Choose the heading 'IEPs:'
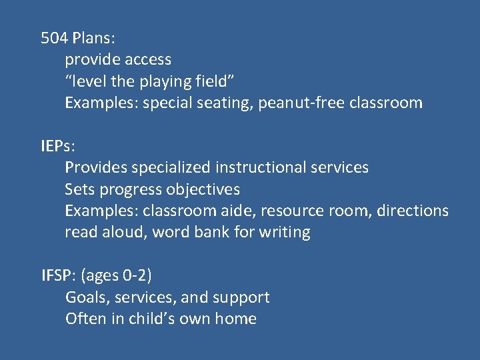tap(58, 146)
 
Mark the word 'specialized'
tap(171, 167)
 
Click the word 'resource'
tap(291, 211)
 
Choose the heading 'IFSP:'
tap(59, 275)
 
